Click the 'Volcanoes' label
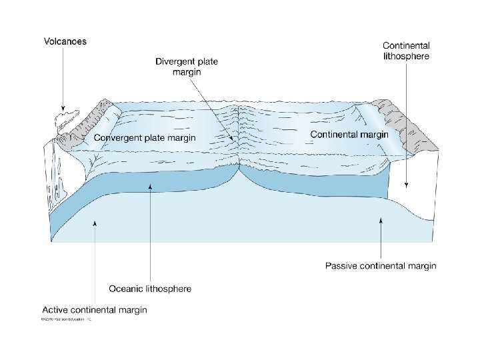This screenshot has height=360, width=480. [x=65, y=41]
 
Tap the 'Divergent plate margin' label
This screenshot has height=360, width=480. [x=187, y=67]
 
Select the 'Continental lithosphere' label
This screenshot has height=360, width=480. [x=406, y=51]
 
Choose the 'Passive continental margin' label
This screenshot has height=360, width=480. [x=381, y=266]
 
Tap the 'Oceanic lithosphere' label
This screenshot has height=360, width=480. [x=150, y=289]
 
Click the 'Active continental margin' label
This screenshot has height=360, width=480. [x=95, y=310]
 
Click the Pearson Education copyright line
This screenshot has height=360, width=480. [x=65, y=320]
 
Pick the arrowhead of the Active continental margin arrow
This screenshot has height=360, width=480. [x=95, y=224]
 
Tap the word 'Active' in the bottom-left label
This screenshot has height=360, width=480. [x=56, y=310]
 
